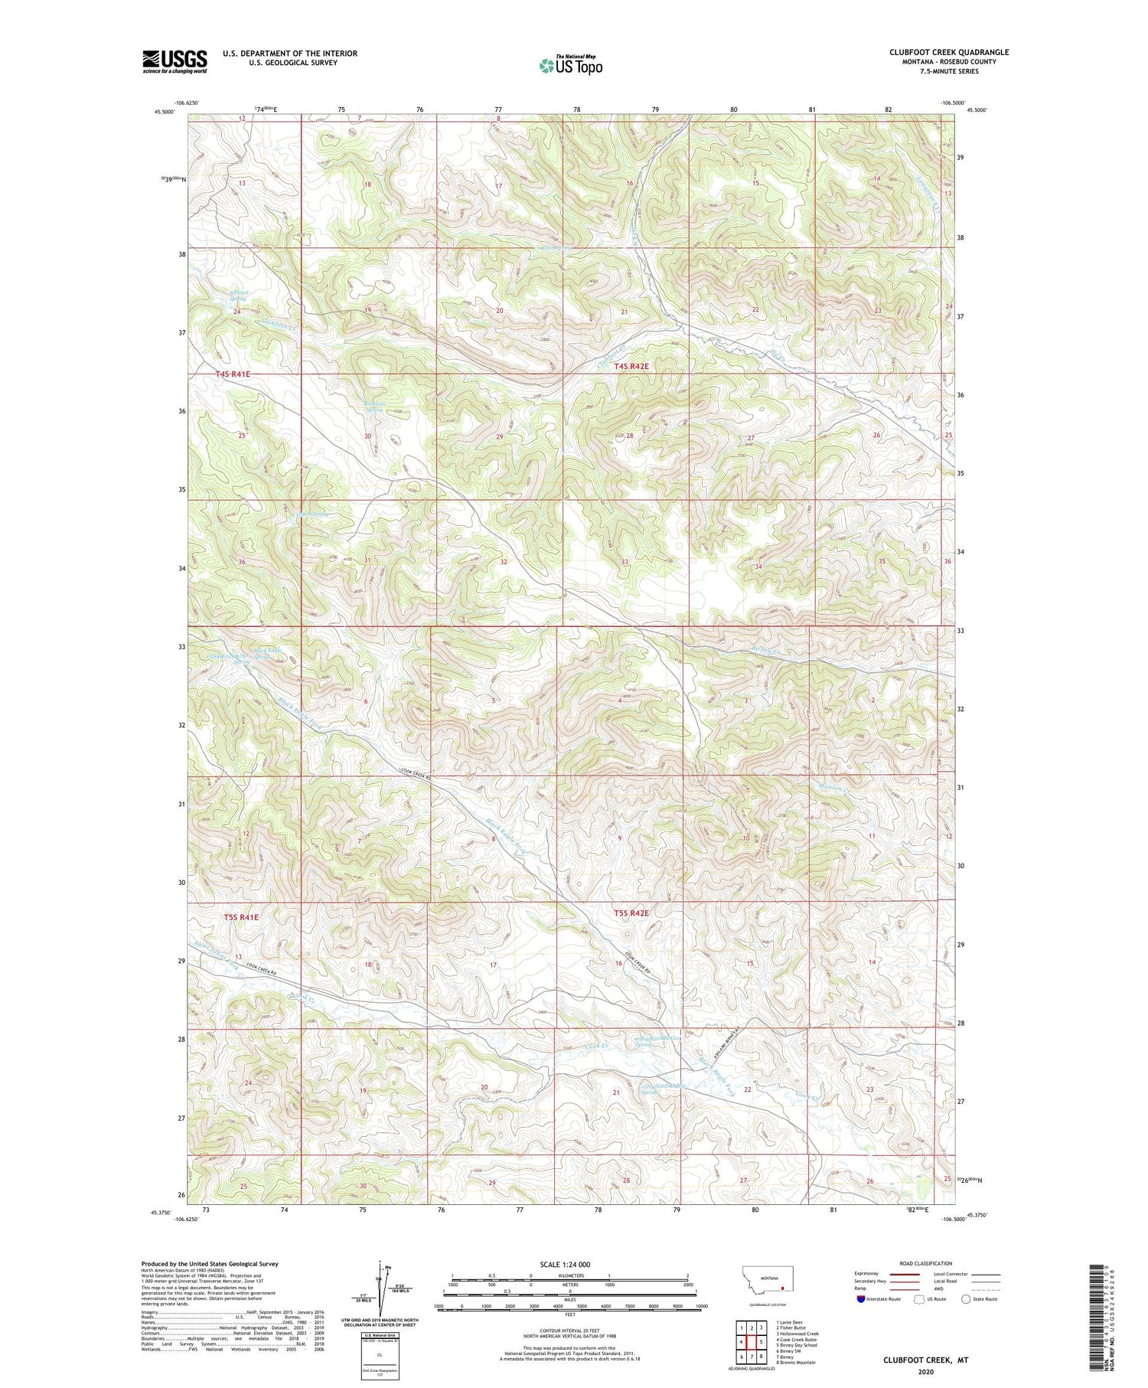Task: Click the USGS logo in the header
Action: click(x=174, y=61)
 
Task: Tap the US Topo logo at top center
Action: click(x=570, y=65)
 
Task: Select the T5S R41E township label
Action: click(x=242, y=916)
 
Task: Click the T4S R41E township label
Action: click(x=233, y=374)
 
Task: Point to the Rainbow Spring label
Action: click(x=373, y=407)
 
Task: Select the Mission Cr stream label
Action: click(x=832, y=786)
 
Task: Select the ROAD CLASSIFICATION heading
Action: click(x=926, y=1263)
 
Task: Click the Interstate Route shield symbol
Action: click(x=861, y=1299)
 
